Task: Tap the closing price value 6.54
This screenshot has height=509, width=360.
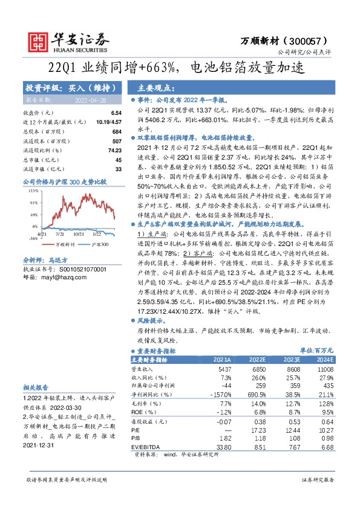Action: point(116,113)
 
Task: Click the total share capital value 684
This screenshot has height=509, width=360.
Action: point(117,131)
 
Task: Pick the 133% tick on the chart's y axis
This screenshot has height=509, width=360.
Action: point(32,189)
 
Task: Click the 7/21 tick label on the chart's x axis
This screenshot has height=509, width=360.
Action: point(60,233)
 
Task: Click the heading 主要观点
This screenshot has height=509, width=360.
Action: point(157,87)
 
